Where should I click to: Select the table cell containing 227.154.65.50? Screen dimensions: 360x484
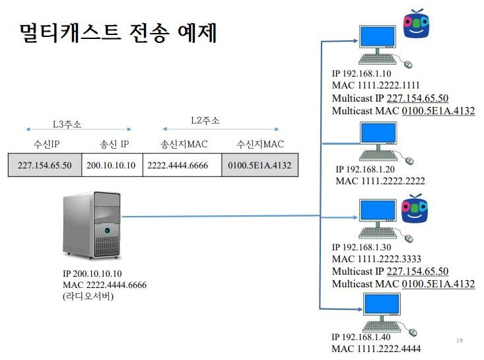[44, 165]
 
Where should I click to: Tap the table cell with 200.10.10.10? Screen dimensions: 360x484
[111, 165]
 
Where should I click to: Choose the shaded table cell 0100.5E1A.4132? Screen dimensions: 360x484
[259, 165]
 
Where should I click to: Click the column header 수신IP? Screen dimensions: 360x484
[46, 144]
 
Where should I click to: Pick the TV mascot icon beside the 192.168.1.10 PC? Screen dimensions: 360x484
[417, 25]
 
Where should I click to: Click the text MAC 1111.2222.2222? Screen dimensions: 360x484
[380, 181]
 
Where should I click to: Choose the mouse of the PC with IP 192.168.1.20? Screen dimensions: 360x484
[409, 160]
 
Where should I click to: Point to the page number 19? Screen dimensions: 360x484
[460, 340]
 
